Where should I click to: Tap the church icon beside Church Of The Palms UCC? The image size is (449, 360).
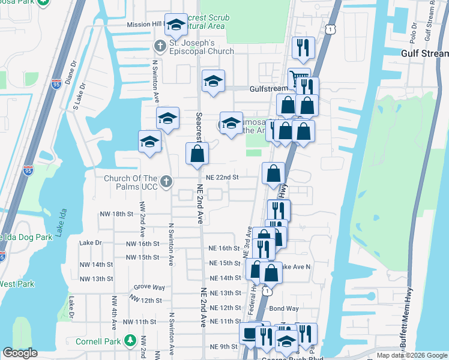click(x=166, y=181)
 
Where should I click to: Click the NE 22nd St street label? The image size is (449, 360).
click(x=223, y=177)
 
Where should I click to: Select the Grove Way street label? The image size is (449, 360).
click(x=149, y=287)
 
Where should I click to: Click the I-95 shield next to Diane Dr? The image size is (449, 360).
click(x=56, y=83)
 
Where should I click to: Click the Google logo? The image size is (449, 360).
click(x=20, y=353)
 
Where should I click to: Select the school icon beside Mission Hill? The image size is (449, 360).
click(x=176, y=25)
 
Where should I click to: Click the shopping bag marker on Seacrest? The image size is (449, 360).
click(x=197, y=155)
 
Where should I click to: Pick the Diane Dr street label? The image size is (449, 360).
click(x=72, y=73)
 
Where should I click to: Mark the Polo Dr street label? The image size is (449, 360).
click(x=414, y=35)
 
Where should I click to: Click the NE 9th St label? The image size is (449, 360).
click(x=223, y=347)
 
